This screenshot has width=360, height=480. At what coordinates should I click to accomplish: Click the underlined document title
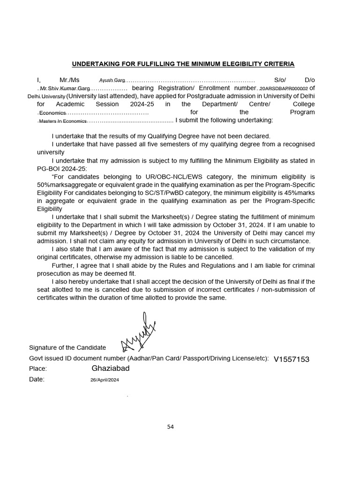pos(182,64)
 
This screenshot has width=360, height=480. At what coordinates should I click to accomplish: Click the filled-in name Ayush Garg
pos(112,81)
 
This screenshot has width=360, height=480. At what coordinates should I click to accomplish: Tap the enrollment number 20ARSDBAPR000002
pos(284,88)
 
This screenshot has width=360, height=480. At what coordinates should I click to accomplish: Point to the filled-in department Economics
pos(52,113)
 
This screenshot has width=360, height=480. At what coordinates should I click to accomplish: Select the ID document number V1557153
pos(292,359)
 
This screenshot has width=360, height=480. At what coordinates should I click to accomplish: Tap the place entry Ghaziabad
pos(111,368)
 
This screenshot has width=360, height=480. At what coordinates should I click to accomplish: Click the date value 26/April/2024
pos(105,380)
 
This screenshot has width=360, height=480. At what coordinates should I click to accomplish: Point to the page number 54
pos(171,427)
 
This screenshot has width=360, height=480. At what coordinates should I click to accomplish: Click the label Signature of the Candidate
pos(67,347)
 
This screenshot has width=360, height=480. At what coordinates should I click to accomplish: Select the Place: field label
pos(38,369)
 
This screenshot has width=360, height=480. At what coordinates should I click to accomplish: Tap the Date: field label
pos(37,380)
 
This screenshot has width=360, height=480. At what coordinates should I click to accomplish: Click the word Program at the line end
pos(303,112)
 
